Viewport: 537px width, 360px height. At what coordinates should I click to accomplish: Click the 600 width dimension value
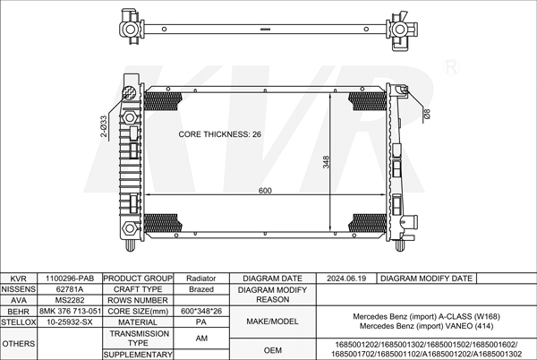265,191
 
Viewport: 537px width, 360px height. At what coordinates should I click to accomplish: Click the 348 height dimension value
326,162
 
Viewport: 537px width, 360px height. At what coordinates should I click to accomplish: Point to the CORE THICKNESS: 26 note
219,134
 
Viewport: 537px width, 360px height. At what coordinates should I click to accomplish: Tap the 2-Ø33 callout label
104,126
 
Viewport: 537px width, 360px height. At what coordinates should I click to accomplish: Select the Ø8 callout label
427,114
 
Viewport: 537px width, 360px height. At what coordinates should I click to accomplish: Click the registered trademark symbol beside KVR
451,67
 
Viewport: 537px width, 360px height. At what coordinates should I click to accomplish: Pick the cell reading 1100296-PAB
70,279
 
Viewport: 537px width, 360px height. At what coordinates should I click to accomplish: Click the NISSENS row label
19,289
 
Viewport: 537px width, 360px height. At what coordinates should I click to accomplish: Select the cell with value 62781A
70,289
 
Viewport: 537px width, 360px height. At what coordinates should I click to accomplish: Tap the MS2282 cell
70,300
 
